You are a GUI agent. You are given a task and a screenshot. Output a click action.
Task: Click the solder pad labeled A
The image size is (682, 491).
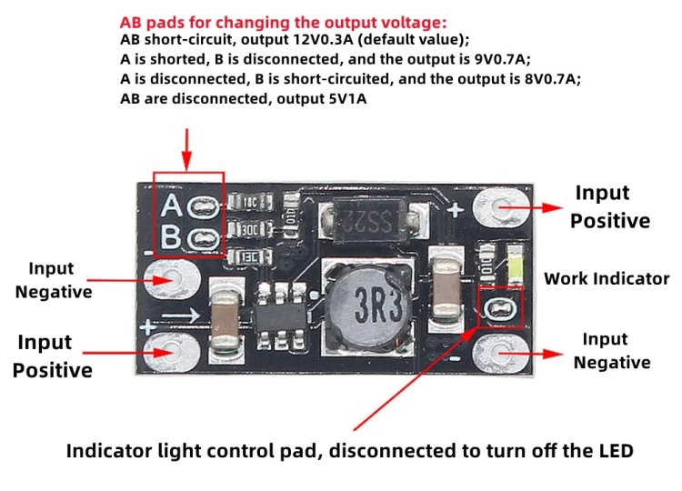[205, 205]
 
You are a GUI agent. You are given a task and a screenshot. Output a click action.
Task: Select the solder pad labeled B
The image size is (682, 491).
[205, 239]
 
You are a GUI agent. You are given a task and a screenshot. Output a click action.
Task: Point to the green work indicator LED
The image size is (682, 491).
[515, 266]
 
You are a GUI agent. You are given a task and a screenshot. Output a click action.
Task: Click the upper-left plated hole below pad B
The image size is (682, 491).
[171, 278]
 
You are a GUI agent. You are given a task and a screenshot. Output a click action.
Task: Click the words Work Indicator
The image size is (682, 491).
[606, 279]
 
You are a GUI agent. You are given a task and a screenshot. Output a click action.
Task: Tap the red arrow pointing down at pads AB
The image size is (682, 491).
[187, 148]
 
